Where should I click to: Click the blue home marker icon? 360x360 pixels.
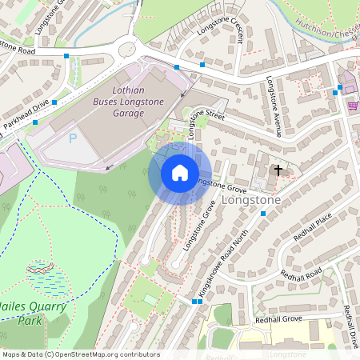(x=180, y=173)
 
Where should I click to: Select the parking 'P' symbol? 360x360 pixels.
(x=72, y=138)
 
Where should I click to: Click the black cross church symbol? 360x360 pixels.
(x=279, y=170)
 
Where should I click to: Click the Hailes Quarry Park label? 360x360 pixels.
(x=30, y=313)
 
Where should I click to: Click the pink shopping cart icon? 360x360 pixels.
(x=352, y=105)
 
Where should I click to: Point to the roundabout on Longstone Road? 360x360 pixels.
(x=127, y=50)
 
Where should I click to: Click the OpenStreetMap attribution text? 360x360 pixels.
(x=81, y=354)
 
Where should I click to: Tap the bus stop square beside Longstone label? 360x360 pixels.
(x=263, y=213)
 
